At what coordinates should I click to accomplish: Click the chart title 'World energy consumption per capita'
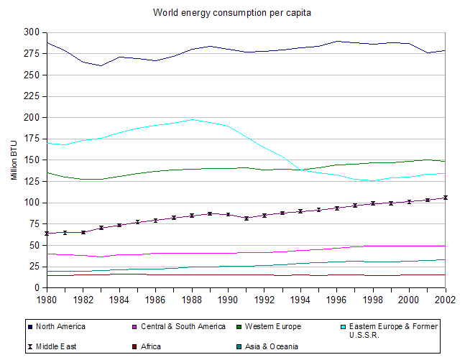pyautogui.click(x=232, y=13)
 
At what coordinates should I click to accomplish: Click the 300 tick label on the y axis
pyautogui.click(x=32, y=32)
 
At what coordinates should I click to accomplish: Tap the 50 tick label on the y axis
pyautogui.click(x=34, y=245)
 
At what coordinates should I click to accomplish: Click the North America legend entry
pyautogui.click(x=60, y=326)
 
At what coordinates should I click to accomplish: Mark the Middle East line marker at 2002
pyautogui.click(x=445, y=198)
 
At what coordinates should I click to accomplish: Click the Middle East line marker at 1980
pyautogui.click(x=46, y=234)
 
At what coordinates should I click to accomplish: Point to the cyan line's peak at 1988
pyautogui.click(x=191, y=119)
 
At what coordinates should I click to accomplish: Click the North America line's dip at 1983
pyautogui.click(x=101, y=65)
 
